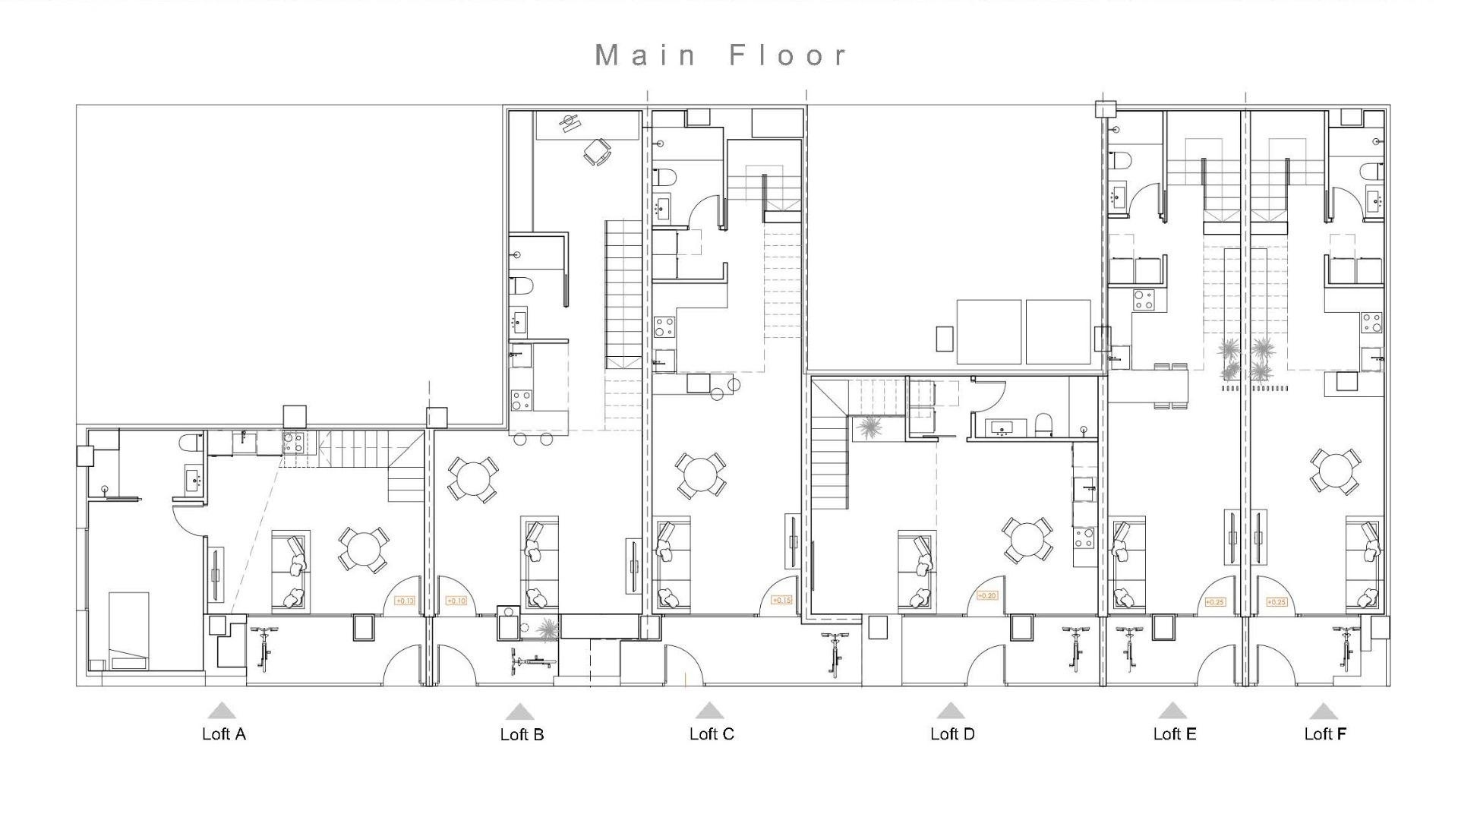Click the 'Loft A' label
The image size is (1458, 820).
[x=223, y=734]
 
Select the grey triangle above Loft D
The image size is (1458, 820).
[x=950, y=711]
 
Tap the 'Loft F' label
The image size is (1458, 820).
[x=1325, y=734]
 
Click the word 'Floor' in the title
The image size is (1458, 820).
[x=787, y=55]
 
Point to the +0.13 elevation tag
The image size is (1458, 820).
[x=405, y=601]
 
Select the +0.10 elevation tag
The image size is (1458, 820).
[x=456, y=601]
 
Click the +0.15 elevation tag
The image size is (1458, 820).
[x=781, y=601]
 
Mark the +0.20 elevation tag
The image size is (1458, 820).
[x=986, y=596]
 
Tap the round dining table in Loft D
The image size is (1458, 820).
[x=1027, y=540]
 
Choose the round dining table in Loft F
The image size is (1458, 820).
[x=1334, y=471]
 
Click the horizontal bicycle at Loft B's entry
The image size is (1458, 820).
[x=532, y=662]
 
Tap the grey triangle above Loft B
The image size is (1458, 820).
[x=519, y=712]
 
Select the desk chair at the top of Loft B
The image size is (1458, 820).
[x=597, y=151]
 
